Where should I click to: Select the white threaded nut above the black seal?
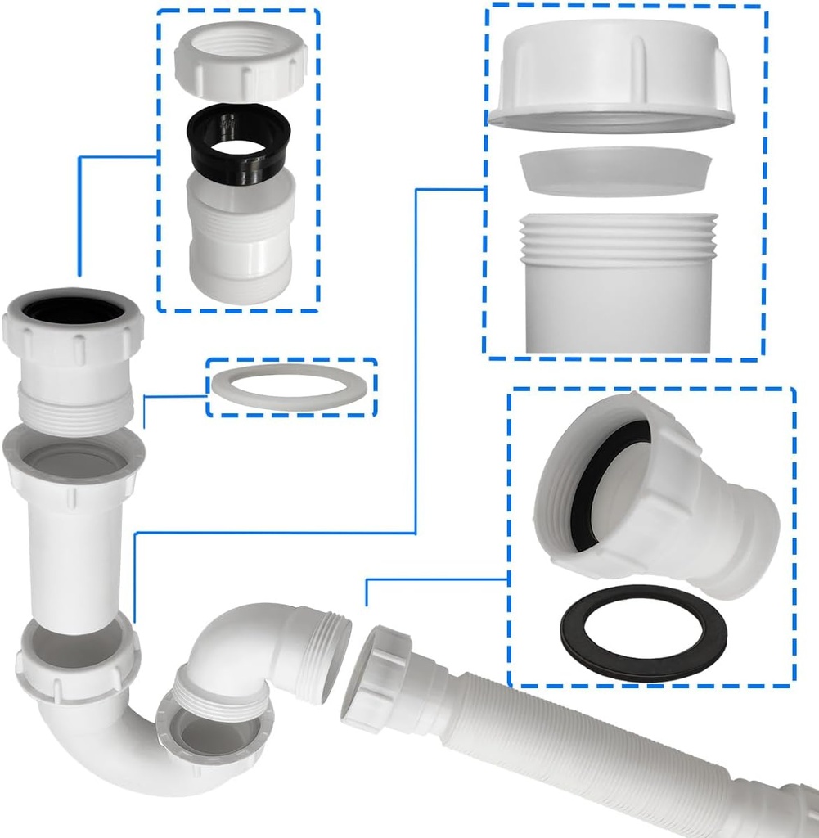(x=240, y=61)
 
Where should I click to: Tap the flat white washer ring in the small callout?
(x=291, y=387)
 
